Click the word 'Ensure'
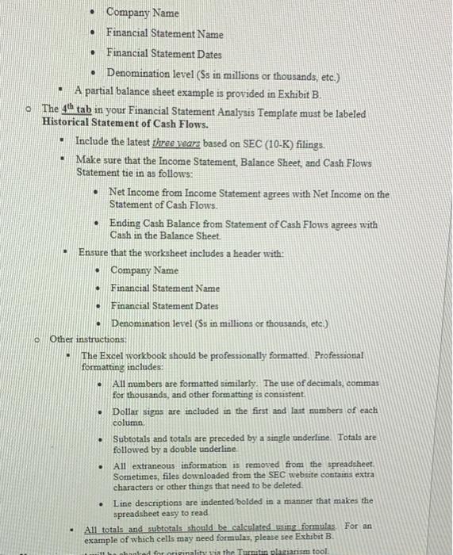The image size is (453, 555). (94, 252)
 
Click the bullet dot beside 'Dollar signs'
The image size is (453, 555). (101, 411)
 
